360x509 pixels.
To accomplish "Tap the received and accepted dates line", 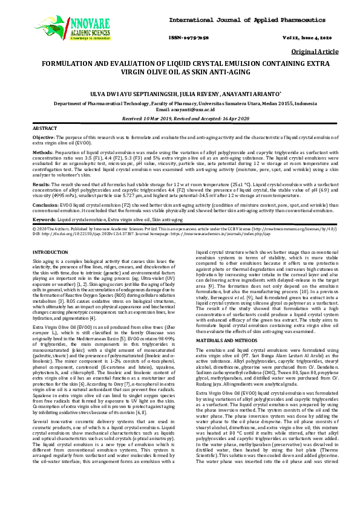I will pos(180,119).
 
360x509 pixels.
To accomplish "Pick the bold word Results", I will pos(41,183).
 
